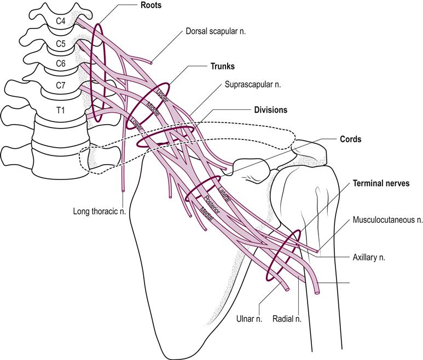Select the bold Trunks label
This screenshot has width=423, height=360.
(x=222, y=66)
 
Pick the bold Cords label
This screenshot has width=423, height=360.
(x=349, y=140)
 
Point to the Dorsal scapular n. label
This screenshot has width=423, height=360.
(x=216, y=32)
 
